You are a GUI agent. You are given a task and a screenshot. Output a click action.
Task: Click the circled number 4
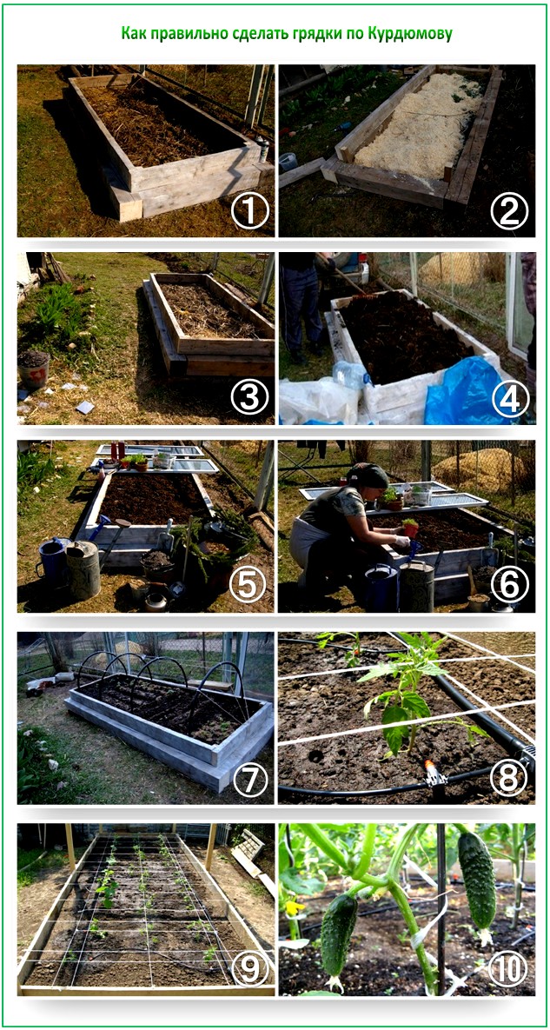coord(509,399)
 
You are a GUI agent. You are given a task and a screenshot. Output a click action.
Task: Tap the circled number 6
coord(509,588)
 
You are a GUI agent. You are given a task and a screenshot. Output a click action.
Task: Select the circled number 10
coord(509,969)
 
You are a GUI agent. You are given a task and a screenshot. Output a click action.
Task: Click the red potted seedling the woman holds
coord(411,527)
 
